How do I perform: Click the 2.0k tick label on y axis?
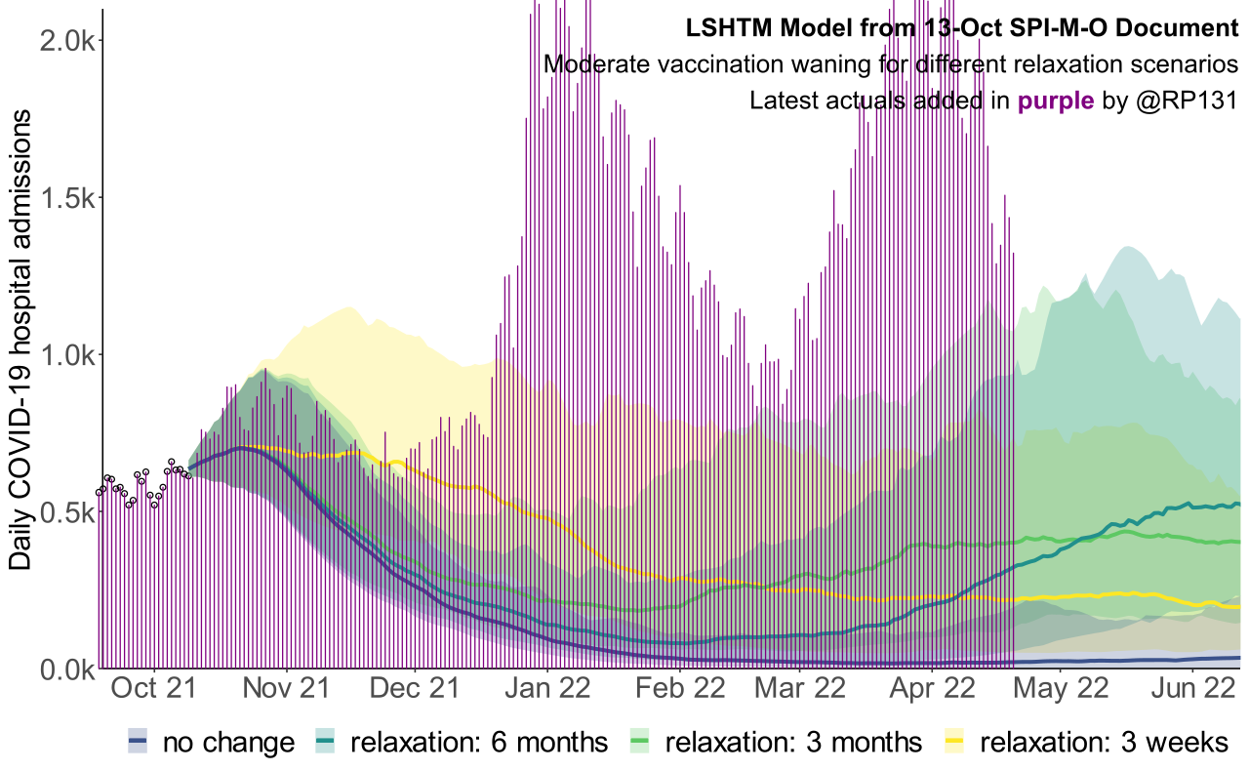pyautogui.click(x=63, y=40)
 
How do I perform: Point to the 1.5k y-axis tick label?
pyautogui.click(x=63, y=197)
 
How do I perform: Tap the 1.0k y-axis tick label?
pyautogui.click(x=63, y=354)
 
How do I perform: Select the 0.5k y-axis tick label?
pyautogui.click(x=63, y=512)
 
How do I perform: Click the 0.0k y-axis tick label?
pyautogui.click(x=63, y=670)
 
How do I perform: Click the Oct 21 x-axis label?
pyautogui.click(x=152, y=690)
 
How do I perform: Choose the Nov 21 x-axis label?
pyautogui.click(x=288, y=690)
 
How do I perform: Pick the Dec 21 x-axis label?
pyautogui.click(x=416, y=690)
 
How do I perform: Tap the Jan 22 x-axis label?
pyautogui.click(x=548, y=690)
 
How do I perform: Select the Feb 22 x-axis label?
pyautogui.click(x=680, y=690)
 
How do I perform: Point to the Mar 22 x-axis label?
pyautogui.click(x=800, y=690)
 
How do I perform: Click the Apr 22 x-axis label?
pyautogui.click(x=932, y=690)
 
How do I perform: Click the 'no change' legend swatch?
pyautogui.click(x=138, y=743)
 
